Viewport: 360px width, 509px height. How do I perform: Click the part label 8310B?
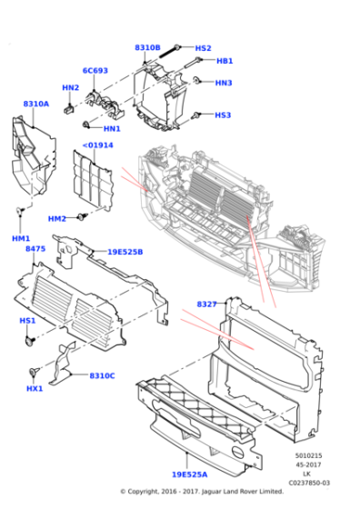(147, 47)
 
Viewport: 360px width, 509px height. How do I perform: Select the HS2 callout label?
(203, 47)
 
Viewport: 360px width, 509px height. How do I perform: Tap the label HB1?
(225, 61)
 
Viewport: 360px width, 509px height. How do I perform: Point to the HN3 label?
(224, 83)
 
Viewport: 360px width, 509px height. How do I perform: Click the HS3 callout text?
(223, 115)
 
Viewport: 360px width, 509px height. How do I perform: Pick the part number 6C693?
(95, 70)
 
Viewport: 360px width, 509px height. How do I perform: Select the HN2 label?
(70, 87)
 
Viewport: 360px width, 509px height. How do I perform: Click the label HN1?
(112, 129)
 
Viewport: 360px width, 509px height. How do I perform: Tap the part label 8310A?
(36, 104)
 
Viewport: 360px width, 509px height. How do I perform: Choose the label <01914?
(97, 145)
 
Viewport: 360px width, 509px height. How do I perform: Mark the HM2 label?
(57, 218)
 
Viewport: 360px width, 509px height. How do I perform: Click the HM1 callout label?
(20, 238)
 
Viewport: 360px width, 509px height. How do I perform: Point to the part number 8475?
(35, 248)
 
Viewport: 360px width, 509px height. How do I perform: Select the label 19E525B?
(125, 252)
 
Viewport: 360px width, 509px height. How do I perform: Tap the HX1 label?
(35, 388)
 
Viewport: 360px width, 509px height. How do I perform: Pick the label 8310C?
(102, 375)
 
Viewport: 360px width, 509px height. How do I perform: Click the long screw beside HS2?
(175, 49)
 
